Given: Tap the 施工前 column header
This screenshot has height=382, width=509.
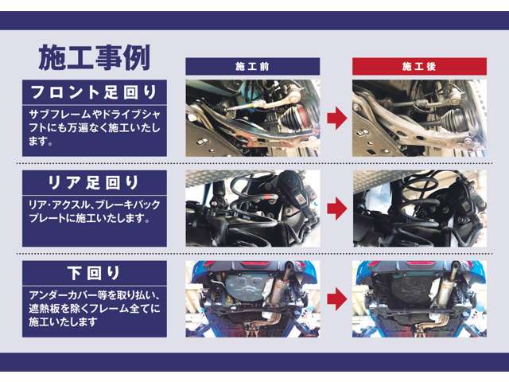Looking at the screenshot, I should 252,66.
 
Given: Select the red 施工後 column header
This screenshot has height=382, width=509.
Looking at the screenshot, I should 419,66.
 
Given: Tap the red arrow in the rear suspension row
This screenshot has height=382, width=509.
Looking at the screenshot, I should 336,209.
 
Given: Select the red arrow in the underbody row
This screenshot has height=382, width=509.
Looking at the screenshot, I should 336,298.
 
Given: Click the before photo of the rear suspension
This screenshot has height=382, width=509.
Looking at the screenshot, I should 252,208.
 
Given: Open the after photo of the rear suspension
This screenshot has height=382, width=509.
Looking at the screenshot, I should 419,208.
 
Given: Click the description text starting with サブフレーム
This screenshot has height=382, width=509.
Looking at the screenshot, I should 94,127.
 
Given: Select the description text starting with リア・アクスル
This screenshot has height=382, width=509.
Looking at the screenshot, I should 89,212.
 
